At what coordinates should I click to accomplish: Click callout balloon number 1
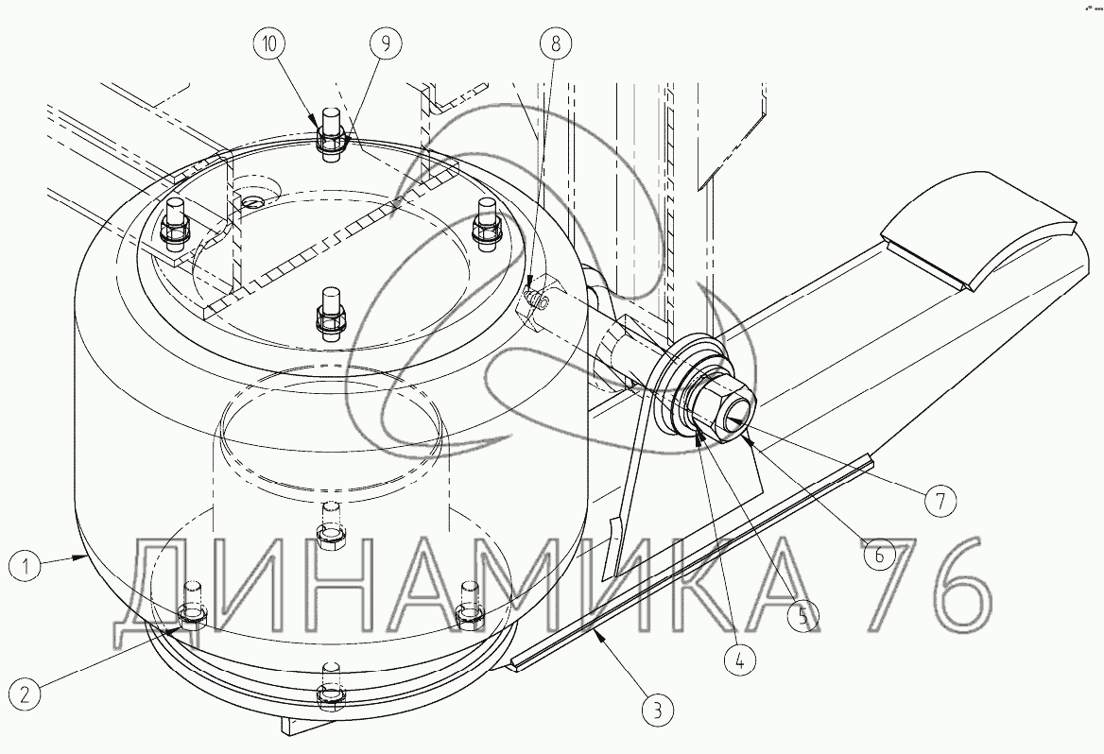[x=26, y=566]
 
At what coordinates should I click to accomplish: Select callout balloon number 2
[x=26, y=694]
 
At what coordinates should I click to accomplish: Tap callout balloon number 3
[x=656, y=710]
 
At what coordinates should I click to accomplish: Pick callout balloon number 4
[x=738, y=660]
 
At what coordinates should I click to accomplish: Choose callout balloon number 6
[x=879, y=556]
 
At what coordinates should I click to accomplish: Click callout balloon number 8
[x=556, y=43]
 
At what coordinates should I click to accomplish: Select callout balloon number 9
[x=385, y=43]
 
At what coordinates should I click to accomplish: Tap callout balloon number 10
[x=269, y=43]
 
